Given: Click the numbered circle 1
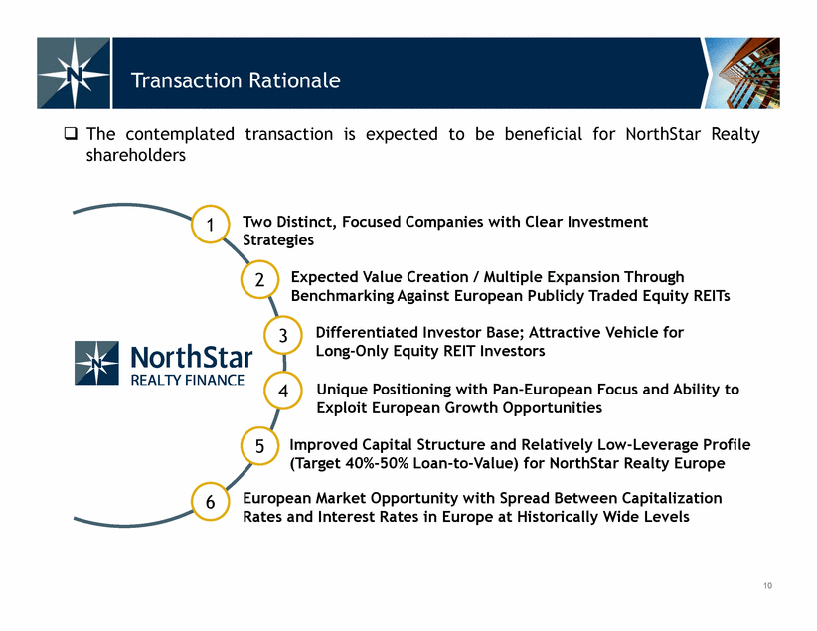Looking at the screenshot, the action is point(210,224).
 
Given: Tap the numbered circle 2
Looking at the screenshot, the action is point(259,280).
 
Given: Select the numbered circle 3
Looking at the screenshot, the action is point(283,335).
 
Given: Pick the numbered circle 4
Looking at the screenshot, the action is point(283,391).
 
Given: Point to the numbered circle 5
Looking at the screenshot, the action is point(259,446).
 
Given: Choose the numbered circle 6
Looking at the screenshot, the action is point(210,502).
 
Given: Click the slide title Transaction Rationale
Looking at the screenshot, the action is point(236,80).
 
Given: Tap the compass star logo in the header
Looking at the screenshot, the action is point(74,73).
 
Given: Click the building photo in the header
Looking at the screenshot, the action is point(742,73).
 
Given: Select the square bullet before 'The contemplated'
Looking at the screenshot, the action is point(71,134).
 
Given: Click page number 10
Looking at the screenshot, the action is point(767,586).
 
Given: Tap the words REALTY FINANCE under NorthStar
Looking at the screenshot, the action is point(188,380).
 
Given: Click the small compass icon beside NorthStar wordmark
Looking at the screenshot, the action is point(96,363).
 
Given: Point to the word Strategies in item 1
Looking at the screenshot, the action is point(278,240).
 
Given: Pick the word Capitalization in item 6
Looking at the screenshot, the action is point(672,498).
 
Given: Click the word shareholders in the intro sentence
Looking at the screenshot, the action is point(135,155).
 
